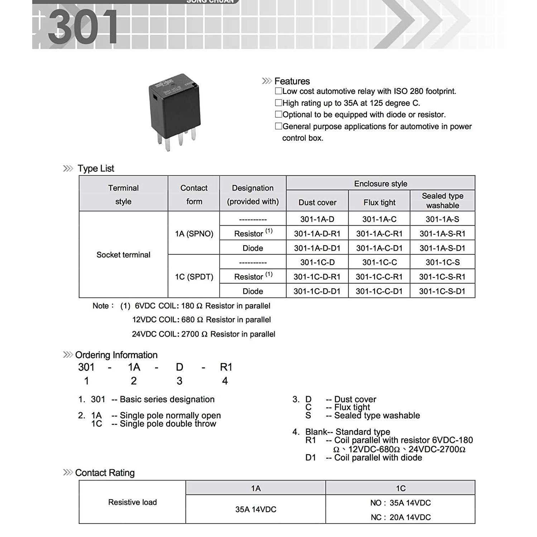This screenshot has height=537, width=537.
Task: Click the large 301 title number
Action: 83,27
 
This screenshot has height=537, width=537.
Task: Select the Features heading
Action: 292,81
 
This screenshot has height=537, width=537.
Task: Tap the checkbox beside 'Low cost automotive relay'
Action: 278,91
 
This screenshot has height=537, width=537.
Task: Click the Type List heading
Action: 96,168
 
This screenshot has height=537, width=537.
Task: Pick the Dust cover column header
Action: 317,202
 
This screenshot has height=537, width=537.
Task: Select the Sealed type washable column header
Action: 442,200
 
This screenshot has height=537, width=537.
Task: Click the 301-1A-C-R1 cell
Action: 379,233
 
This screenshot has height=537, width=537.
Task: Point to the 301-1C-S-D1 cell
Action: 442,291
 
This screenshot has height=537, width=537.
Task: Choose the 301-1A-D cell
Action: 317,219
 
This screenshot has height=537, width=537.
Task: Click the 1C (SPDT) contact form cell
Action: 194,277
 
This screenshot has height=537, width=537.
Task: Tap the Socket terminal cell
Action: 123,255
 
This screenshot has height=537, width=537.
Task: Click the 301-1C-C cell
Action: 379,262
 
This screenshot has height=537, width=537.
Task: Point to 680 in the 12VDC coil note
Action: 188,320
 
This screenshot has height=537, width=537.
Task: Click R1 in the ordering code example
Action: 226,367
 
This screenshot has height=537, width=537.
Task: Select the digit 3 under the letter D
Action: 179,381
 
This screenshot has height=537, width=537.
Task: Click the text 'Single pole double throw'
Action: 168,424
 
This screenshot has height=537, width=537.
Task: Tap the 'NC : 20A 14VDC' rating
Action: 400,517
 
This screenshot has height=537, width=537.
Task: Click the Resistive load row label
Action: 132,502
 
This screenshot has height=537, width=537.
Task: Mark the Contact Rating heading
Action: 105,473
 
